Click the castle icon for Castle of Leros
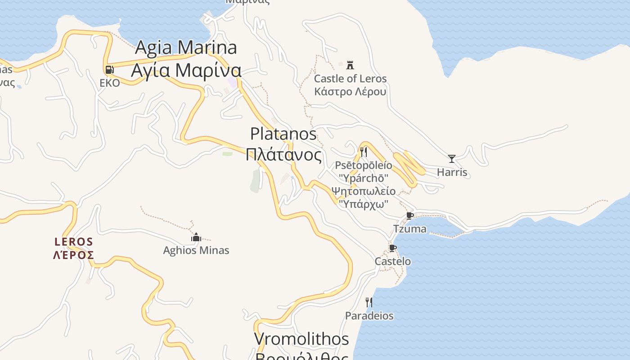click(x=350, y=65)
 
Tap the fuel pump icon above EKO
click(x=109, y=70)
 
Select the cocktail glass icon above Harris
click(x=452, y=158)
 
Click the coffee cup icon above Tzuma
click(x=409, y=216)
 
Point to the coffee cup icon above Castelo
click(x=392, y=248)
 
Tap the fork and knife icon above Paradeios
click(x=369, y=302)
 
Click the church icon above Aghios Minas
click(x=196, y=237)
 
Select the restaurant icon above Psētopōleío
click(x=364, y=152)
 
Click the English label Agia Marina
click(x=186, y=47)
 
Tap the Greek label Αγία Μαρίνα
click(x=186, y=71)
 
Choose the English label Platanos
click(x=283, y=134)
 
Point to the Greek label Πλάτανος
click(x=283, y=155)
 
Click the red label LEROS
click(x=73, y=242)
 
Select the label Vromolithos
click(x=301, y=339)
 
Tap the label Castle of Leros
click(x=350, y=79)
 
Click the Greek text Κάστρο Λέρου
click(x=350, y=92)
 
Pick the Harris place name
click(x=452, y=172)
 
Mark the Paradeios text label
click(x=369, y=316)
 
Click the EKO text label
click(x=110, y=83)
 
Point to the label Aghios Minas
click(x=196, y=251)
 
